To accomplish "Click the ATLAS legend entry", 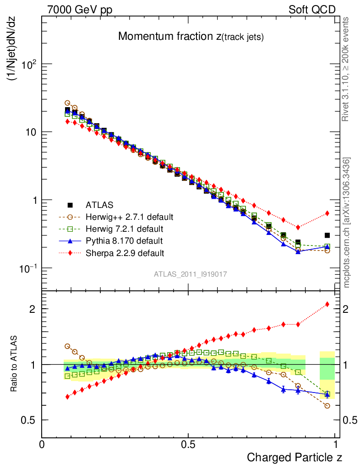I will coord(99,205).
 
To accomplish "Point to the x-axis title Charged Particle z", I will coord(294,457).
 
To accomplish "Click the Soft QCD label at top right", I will coord(312,10).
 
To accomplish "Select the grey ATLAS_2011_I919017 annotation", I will coord(191,274).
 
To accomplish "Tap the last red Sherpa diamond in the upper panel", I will coord(327,213).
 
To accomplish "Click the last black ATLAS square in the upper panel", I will coord(327,235).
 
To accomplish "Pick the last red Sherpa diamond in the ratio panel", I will coord(327,304).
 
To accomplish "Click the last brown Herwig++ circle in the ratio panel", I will coord(327,406).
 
